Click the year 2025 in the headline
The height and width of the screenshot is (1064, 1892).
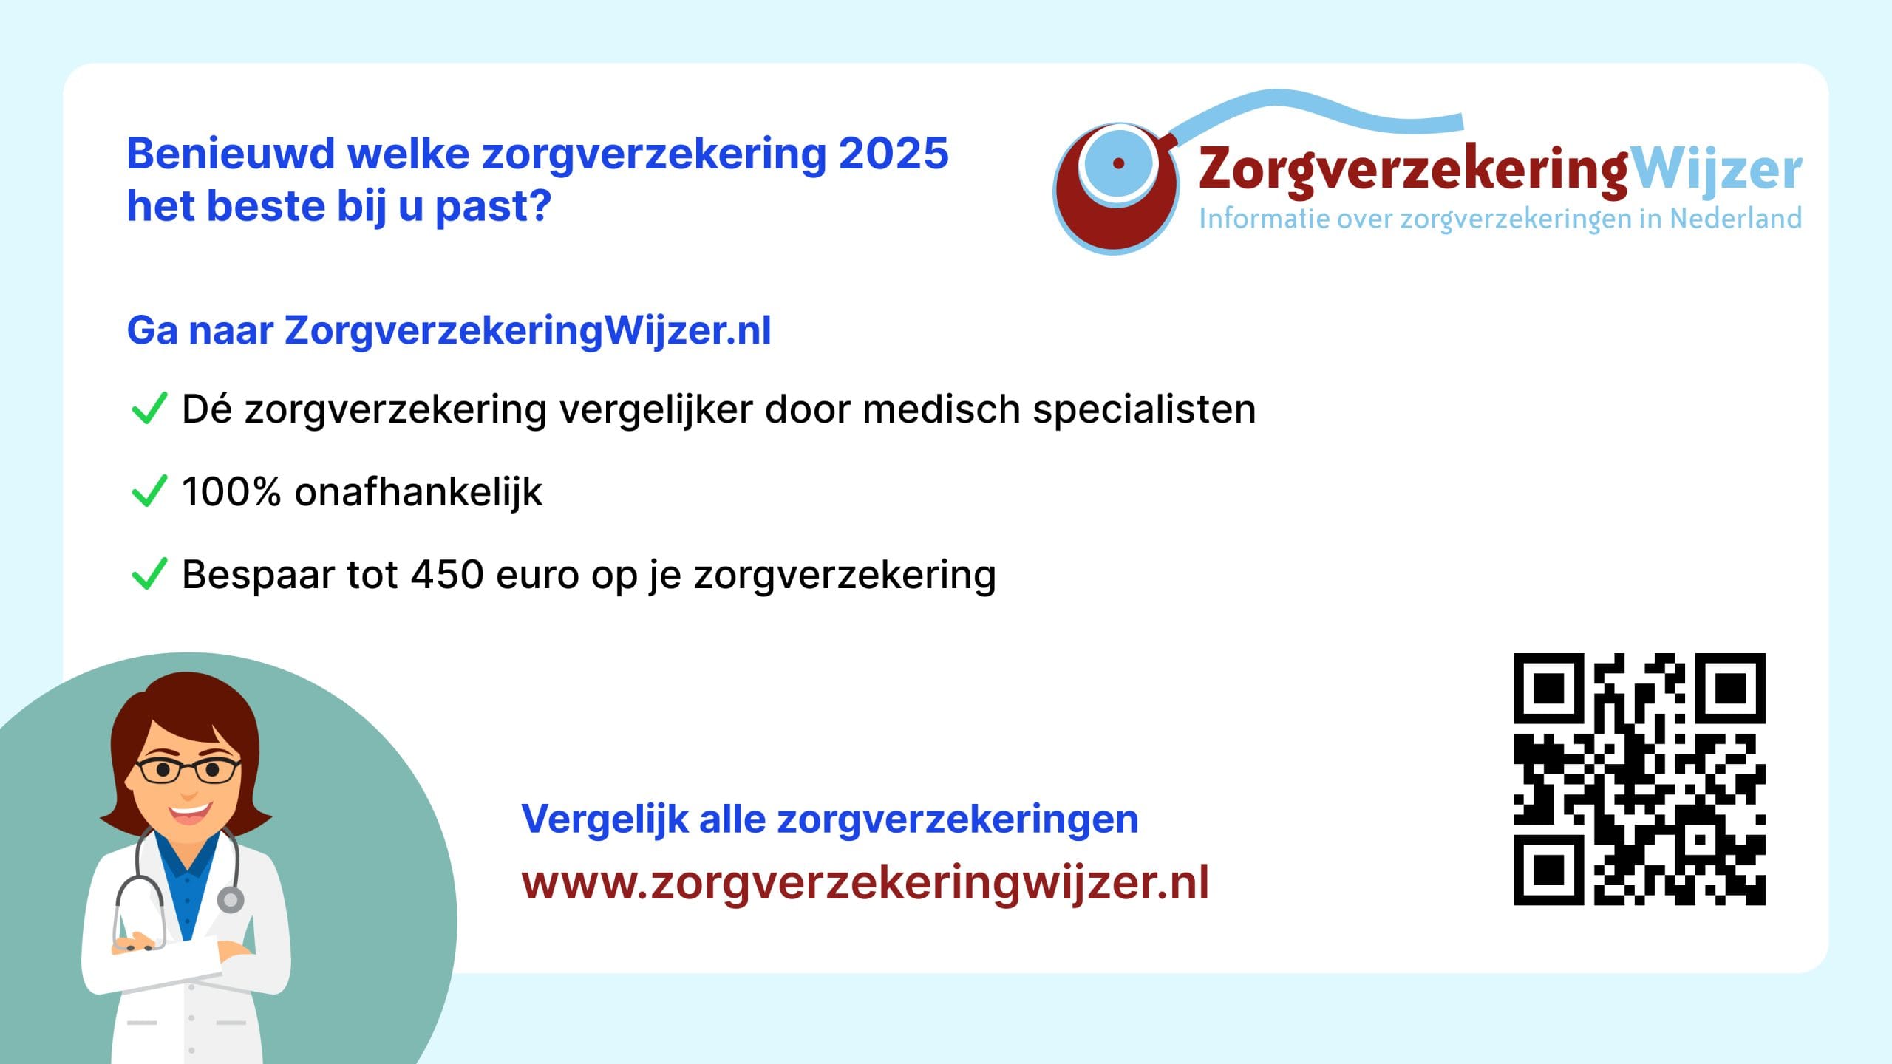(894, 154)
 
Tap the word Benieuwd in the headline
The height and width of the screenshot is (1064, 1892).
(231, 154)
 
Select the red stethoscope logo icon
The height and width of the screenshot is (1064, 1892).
(1116, 189)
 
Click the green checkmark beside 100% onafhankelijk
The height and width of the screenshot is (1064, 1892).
(149, 491)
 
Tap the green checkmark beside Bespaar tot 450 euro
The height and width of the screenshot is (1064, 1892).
(149, 574)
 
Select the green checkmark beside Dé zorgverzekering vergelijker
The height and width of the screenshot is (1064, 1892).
(149, 409)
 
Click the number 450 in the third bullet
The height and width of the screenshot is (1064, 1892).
(447, 574)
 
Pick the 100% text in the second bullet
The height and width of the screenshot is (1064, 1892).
(231, 491)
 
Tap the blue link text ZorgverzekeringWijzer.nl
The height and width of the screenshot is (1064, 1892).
(528, 330)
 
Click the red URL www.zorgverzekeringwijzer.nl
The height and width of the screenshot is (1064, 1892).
(865, 883)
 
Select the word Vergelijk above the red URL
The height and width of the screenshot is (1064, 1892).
(605, 819)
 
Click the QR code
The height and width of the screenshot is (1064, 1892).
(1639, 779)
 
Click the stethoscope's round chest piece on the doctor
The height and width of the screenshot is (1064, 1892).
(231, 900)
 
